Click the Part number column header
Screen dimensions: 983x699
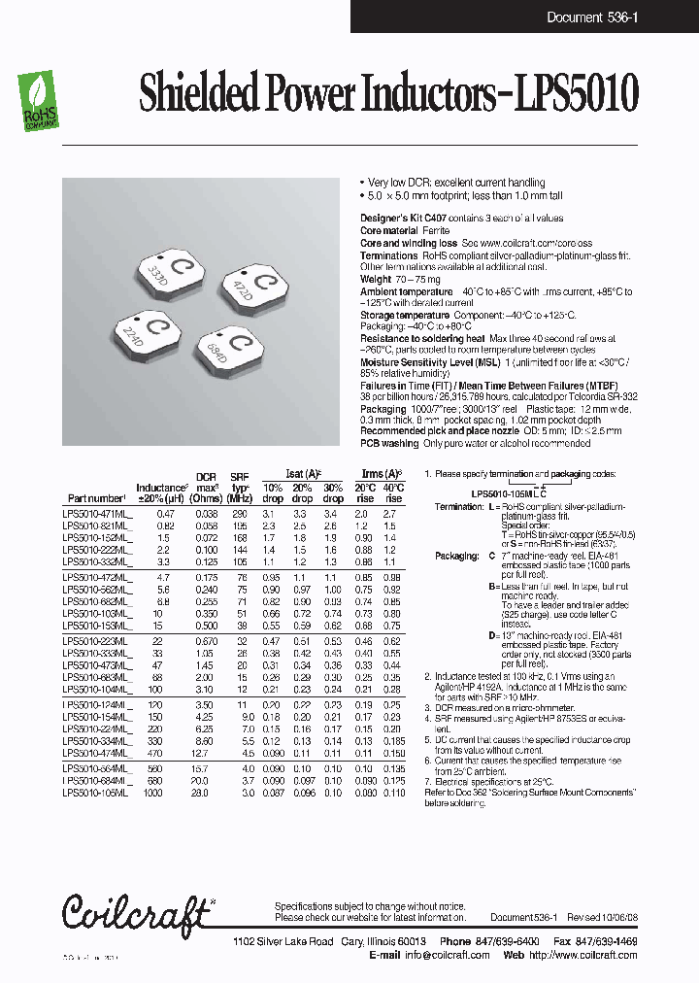click(97, 497)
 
